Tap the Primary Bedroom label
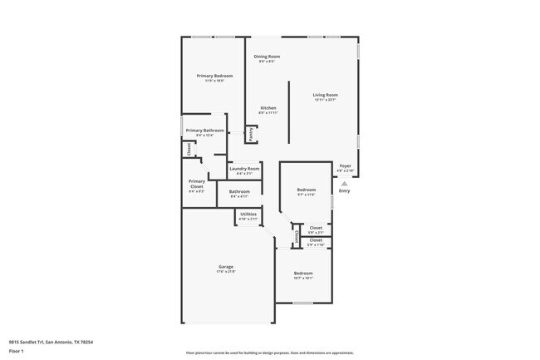[x=214, y=76]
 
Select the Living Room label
[x=325, y=95]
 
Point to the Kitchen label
[x=268, y=108]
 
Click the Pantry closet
[x=250, y=133]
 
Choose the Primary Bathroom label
[x=204, y=131]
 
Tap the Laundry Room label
[x=244, y=169]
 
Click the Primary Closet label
[x=197, y=184]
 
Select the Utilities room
[x=248, y=216]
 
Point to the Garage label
[x=226, y=267]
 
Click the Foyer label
[x=345, y=166]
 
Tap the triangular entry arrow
[x=344, y=183]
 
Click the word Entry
[x=344, y=191]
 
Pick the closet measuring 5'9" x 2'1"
[x=316, y=233]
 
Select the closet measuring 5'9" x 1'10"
[x=316, y=245]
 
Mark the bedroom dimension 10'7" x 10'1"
[x=302, y=279]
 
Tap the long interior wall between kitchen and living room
[x=289, y=112]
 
